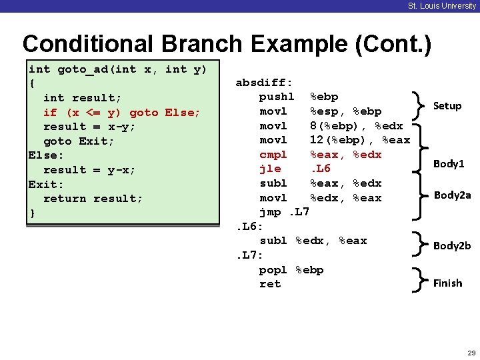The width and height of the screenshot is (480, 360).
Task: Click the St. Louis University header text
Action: click(x=442, y=6)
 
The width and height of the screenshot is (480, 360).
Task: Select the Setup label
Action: click(x=447, y=106)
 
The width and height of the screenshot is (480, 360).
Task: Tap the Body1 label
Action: click(x=449, y=163)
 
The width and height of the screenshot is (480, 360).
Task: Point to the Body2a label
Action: click(x=452, y=195)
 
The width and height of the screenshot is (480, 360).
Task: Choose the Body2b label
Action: click(x=452, y=245)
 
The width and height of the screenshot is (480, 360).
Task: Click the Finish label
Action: click(x=447, y=283)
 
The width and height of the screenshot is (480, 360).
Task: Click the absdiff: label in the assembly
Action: click(x=264, y=83)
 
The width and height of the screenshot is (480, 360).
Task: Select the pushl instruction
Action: click(x=277, y=97)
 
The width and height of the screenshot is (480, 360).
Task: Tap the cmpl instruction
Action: click(x=273, y=155)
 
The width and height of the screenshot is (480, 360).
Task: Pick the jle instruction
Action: click(x=269, y=169)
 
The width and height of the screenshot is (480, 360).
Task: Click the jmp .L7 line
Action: click(x=284, y=212)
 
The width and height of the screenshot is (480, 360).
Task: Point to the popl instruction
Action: click(x=273, y=269)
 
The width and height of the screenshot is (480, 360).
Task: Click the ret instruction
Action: click(x=270, y=284)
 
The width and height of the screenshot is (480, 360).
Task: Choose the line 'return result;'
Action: click(x=93, y=198)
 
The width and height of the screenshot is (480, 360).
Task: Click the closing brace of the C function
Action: click(x=32, y=213)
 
